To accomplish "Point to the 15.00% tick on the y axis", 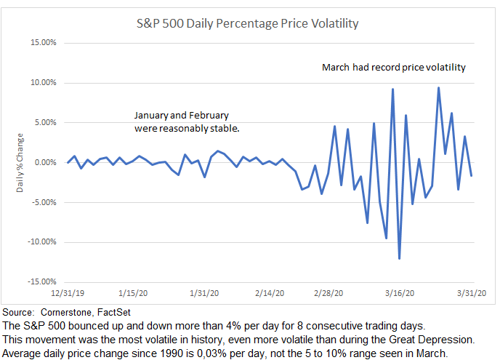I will [x=43, y=43].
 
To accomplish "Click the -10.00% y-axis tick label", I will [x=41, y=242].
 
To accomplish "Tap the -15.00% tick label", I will [x=41, y=282].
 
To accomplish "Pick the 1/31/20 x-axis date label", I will [x=203, y=294].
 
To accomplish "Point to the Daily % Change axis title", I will [x=21, y=163].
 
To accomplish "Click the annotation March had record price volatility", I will [x=393, y=68].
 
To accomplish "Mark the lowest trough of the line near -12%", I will [x=400, y=257].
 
